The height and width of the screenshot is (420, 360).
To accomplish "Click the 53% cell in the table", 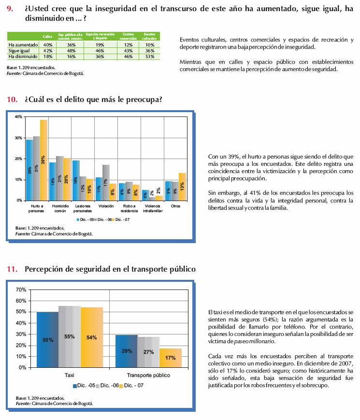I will tap(150, 57).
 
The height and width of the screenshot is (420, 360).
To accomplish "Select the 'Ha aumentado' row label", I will tap(23, 44).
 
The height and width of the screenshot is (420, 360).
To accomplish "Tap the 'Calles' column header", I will tap(47, 36).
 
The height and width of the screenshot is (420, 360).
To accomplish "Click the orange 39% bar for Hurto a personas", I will tap(43, 159).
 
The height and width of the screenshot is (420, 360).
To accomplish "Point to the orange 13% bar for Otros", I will tap(182, 187).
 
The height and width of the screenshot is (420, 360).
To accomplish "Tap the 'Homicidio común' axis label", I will tap(59, 208).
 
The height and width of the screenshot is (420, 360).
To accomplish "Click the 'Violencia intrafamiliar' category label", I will tap(152, 208).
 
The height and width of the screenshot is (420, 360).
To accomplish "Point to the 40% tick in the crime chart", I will tap(18, 117).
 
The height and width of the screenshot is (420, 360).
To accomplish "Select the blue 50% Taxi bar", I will tap(47, 339).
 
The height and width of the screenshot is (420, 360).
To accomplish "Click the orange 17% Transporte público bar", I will tap(170, 358).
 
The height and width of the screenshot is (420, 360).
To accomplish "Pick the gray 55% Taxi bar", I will tap(69, 336).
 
